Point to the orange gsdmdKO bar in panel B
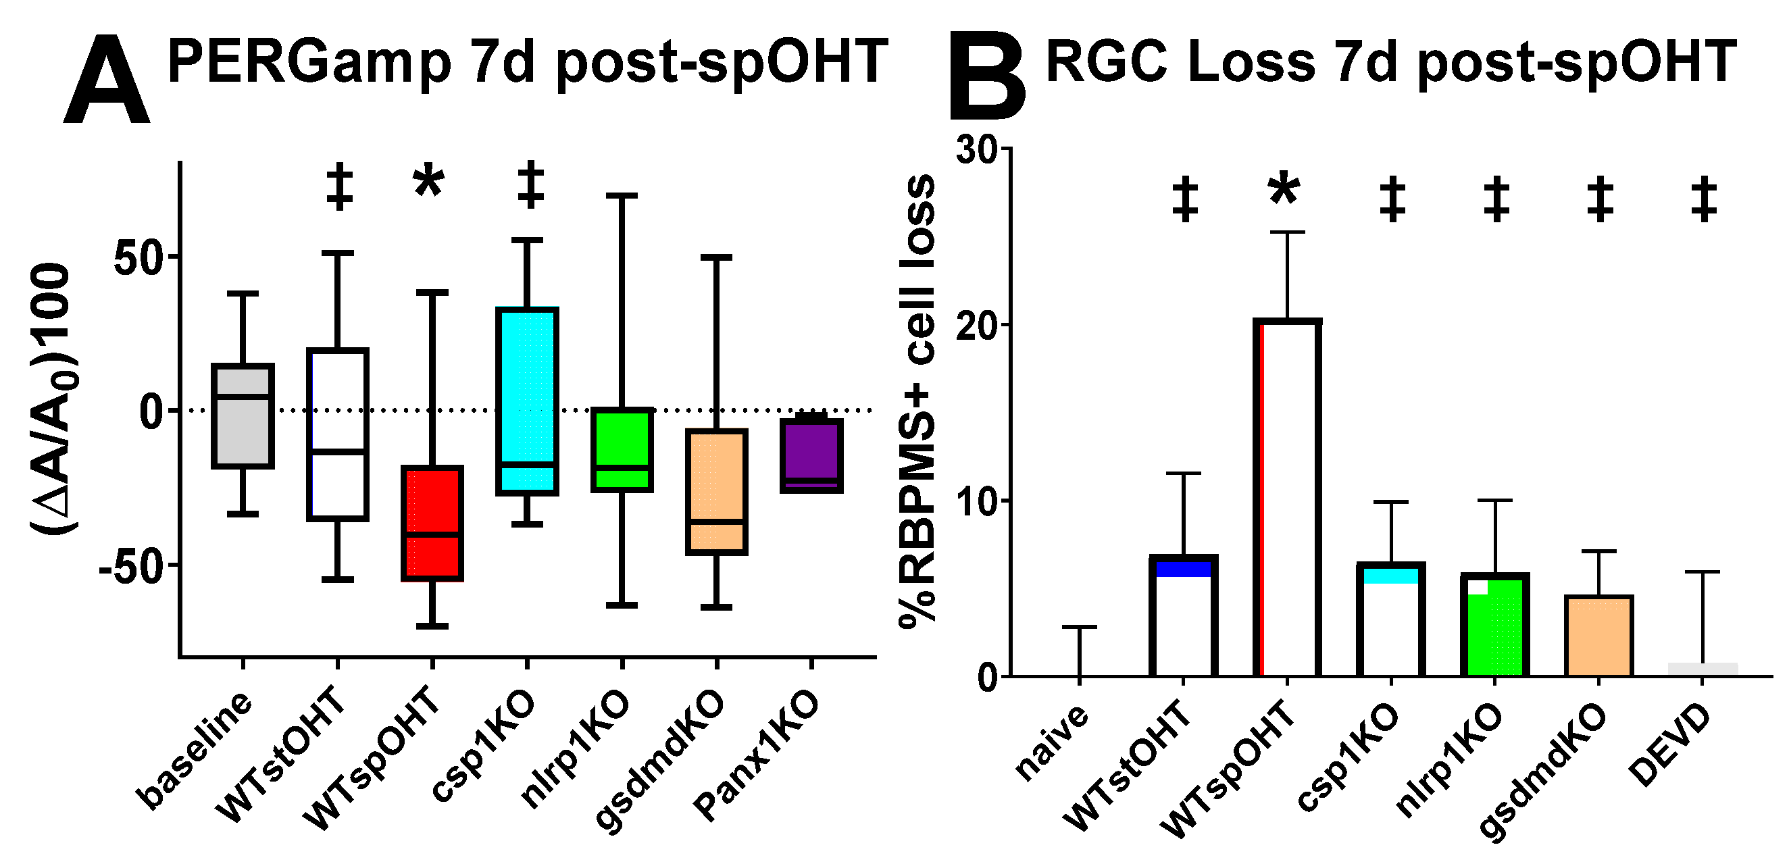pyautogui.click(x=1598, y=635)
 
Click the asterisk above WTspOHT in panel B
pyautogui.click(x=1284, y=190)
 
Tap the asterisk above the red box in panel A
pyautogui.click(x=428, y=182)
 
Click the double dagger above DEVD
pyautogui.click(x=1704, y=199)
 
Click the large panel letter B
pyautogui.click(x=986, y=75)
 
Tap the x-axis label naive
pyautogui.click(x=1051, y=741)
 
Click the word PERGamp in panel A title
pyautogui.click(x=309, y=63)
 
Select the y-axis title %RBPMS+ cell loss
pyautogui.click(x=917, y=403)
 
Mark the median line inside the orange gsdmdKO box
pyautogui.click(x=717, y=521)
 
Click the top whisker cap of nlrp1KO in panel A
pyautogui.click(x=622, y=196)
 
